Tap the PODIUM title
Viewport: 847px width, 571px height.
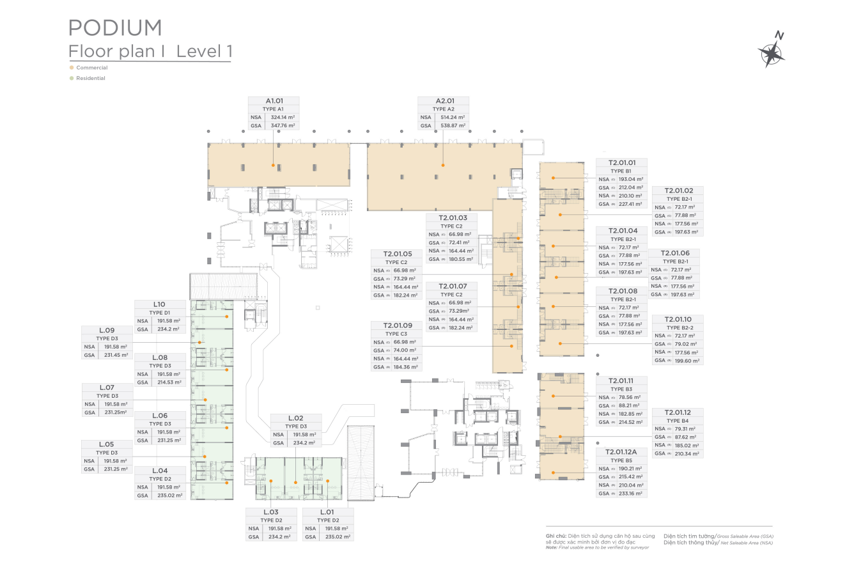point(115,27)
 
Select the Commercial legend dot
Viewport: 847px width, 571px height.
point(72,67)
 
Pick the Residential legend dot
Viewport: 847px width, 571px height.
point(72,78)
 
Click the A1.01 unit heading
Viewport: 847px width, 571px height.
point(274,101)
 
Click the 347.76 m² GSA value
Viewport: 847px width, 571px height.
point(282,126)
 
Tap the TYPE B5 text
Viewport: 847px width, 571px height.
point(621,460)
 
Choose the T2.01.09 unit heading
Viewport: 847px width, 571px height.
point(398,325)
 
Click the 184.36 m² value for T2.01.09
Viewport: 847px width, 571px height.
point(405,367)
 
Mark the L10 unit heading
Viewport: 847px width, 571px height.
point(160,304)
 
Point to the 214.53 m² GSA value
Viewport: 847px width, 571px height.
point(169,382)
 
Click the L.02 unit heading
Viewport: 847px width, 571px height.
point(295,418)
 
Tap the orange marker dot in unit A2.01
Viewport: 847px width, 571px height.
point(442,166)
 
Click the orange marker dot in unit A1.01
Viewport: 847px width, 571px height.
point(273,166)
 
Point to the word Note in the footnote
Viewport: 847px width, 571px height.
point(552,547)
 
